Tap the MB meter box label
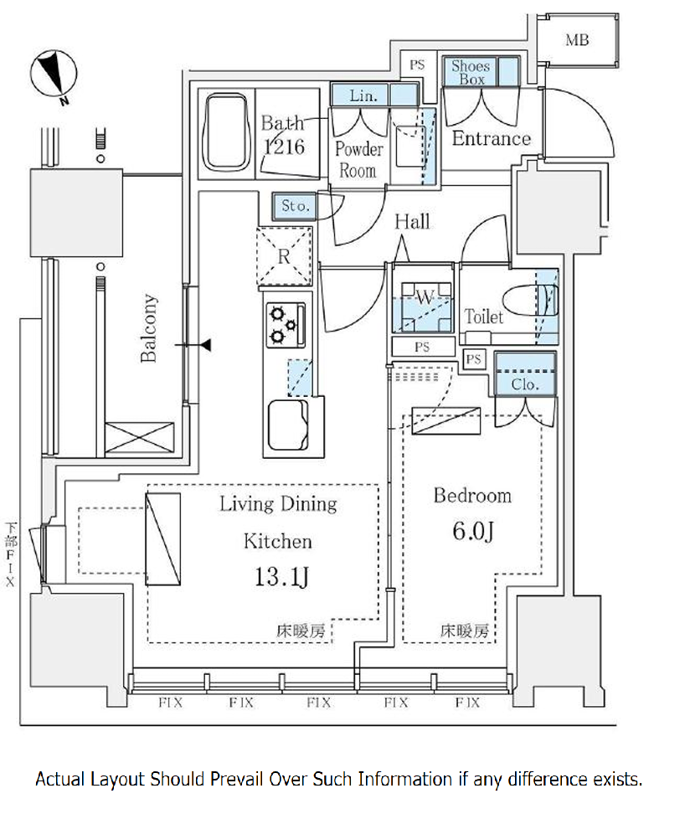577,40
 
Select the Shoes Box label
471,73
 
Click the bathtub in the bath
226,132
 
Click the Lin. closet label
363,95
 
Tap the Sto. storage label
296,205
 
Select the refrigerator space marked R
285,256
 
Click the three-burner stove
286,325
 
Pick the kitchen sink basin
288,424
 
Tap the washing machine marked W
423,307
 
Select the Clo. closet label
525,384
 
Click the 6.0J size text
472,531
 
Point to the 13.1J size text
282,576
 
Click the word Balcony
148,328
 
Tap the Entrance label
492,138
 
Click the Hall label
412,222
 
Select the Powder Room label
358,159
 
